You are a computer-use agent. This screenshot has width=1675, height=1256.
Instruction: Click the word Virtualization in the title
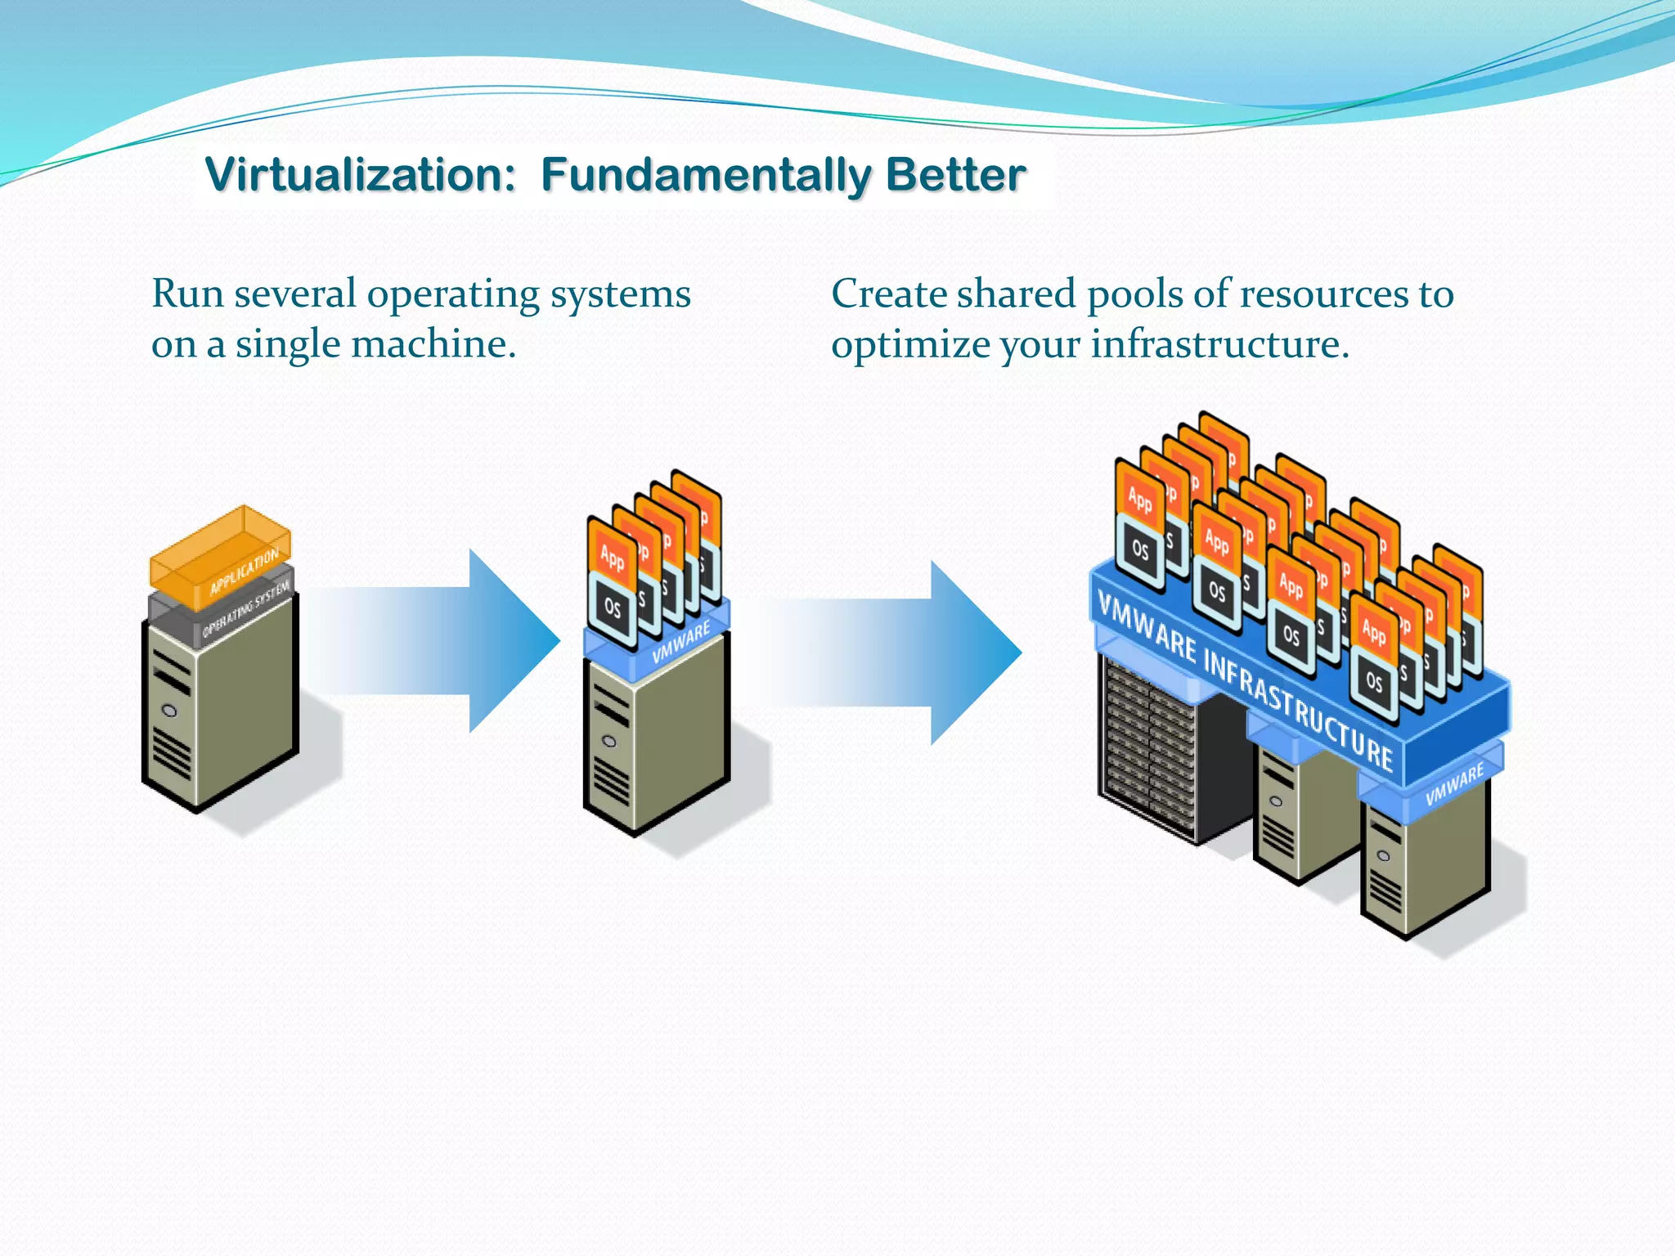coord(360,175)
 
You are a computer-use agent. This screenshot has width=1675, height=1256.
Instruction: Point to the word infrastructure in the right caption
coord(1219,344)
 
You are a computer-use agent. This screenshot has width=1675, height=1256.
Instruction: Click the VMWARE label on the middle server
coord(681,644)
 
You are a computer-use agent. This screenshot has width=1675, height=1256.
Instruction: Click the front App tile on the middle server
coord(612,556)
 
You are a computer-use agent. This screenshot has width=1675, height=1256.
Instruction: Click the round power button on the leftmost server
coord(170,711)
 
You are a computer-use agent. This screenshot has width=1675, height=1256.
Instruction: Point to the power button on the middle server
coord(608,741)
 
